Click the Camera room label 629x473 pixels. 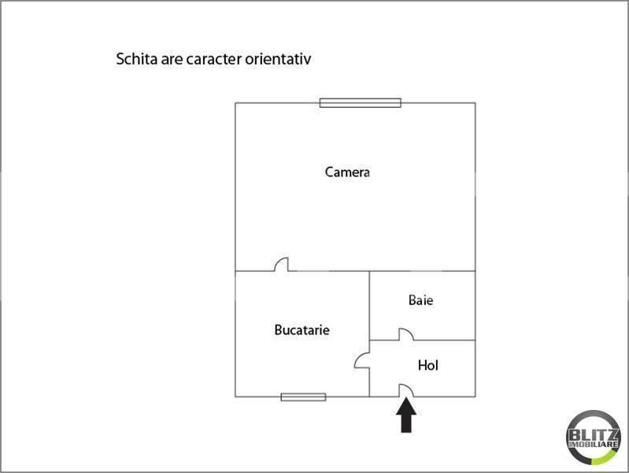coord(347,172)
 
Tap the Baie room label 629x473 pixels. coord(421,300)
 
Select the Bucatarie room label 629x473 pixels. coord(302,330)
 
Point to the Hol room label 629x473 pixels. coord(427,365)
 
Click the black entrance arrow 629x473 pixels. coord(406,415)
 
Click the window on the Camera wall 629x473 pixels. coord(361,103)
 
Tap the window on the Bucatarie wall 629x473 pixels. coord(303,397)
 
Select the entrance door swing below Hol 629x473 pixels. coord(405,390)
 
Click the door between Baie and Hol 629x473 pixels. coord(405,334)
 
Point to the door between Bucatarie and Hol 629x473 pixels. coord(362,360)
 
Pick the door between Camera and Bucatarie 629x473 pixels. coord(281,264)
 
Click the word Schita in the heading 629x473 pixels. coord(136,59)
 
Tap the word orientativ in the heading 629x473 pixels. coord(278,59)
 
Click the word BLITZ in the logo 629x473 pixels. coord(594,435)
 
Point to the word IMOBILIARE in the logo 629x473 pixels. coord(594,445)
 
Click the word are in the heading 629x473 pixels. coord(172,60)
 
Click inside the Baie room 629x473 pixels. coord(422,318)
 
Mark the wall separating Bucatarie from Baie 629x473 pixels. coord(369,305)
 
